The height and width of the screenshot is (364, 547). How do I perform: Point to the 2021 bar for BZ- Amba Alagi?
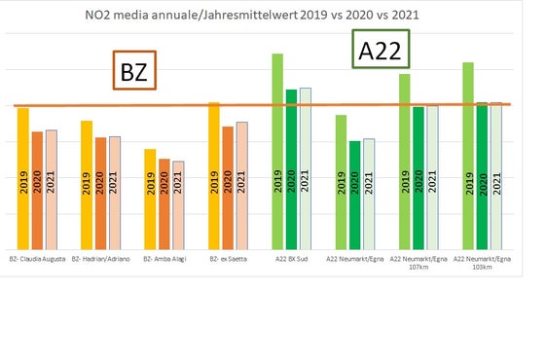(178, 204)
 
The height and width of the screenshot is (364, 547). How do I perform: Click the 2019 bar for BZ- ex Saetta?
(214, 175)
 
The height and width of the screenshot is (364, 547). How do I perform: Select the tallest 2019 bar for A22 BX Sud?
(277, 151)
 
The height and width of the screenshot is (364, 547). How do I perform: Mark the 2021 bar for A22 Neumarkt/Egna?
(369, 194)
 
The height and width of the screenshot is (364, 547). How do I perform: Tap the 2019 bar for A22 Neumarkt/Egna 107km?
(405, 161)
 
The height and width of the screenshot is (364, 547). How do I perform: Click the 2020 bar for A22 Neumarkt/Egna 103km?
(482, 175)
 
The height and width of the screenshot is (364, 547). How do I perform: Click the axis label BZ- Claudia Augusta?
(38, 260)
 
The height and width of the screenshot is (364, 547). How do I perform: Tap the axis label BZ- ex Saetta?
(228, 260)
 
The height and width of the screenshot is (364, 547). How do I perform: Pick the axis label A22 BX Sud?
(291, 260)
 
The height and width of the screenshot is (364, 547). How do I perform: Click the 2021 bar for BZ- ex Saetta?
(241, 185)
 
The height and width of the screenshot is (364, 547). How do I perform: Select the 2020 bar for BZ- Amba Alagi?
(164, 203)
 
